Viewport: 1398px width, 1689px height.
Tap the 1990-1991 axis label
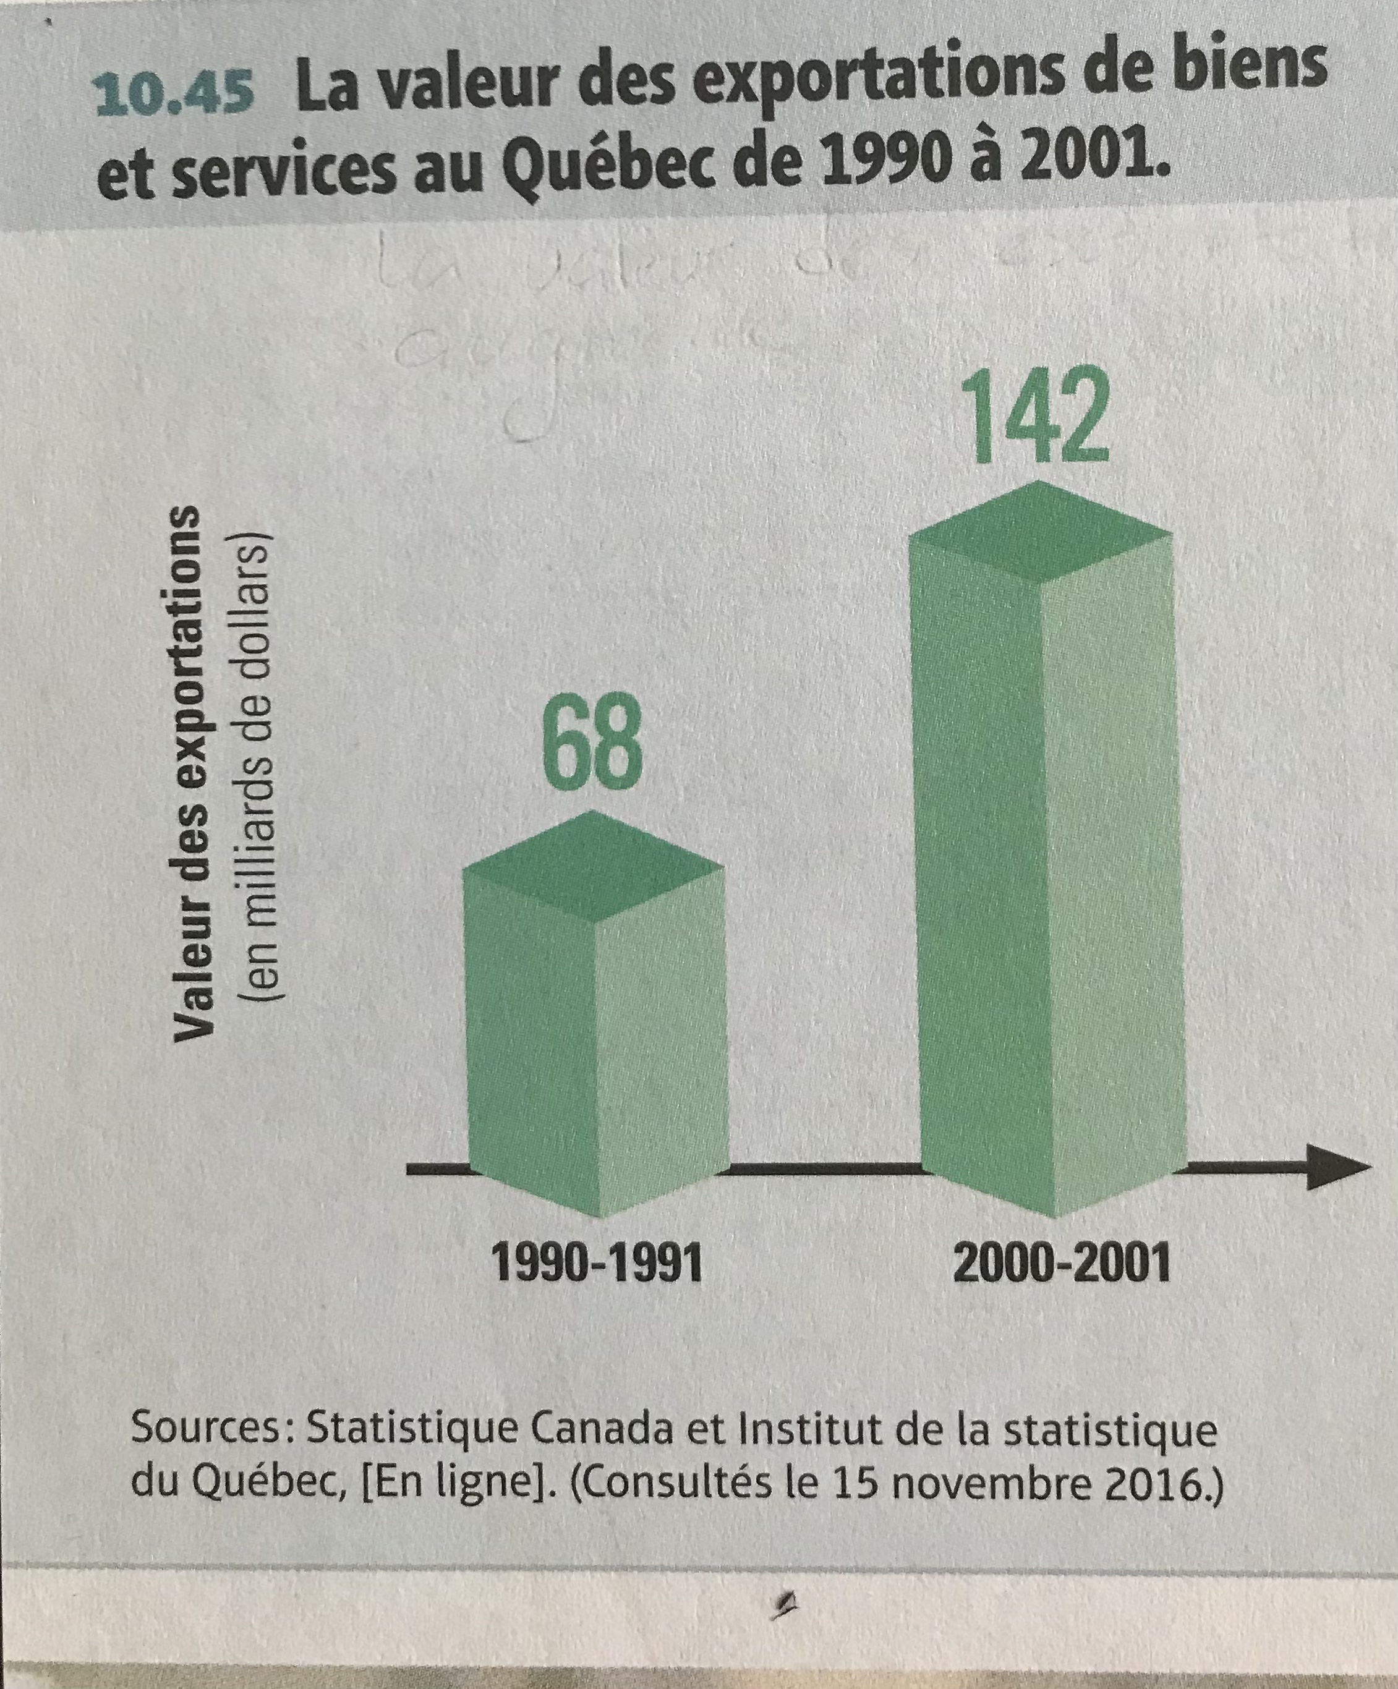click(x=597, y=1265)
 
